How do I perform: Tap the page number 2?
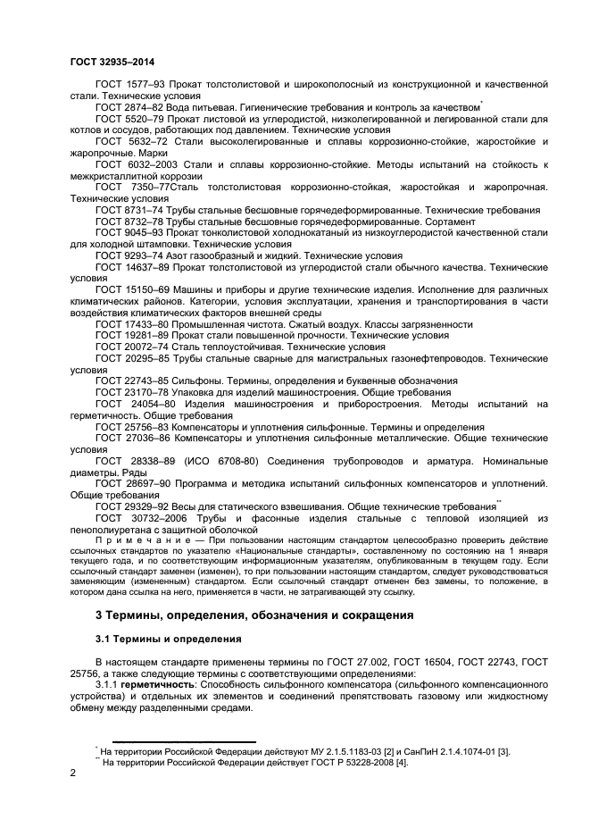[x=73, y=774]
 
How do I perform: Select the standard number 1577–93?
[x=143, y=84]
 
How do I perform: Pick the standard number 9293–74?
[x=143, y=255]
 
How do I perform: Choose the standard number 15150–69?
[x=146, y=289]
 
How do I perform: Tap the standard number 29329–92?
[x=146, y=506]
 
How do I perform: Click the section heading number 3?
[x=99, y=617]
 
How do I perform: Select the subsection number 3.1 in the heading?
[x=103, y=640]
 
